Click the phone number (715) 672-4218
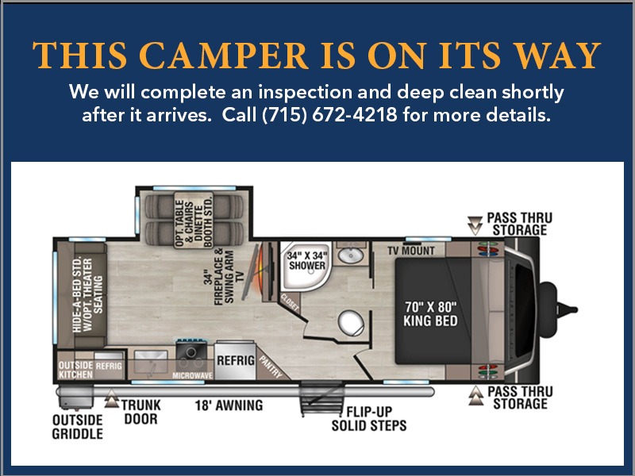329,115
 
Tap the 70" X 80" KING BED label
430,313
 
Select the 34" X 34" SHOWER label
307,261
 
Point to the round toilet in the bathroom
351,323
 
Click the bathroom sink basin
351,255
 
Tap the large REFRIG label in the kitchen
236,360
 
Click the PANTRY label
270,367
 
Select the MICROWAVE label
192,375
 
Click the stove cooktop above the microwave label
191,351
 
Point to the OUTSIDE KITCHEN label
75,370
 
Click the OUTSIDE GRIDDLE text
77,427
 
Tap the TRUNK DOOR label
141,412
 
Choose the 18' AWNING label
229,405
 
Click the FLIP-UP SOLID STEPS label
369,419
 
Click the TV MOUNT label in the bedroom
411,251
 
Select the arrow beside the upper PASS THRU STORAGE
475,225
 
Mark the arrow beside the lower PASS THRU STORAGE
476,395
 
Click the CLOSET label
290,302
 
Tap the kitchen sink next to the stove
151,362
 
